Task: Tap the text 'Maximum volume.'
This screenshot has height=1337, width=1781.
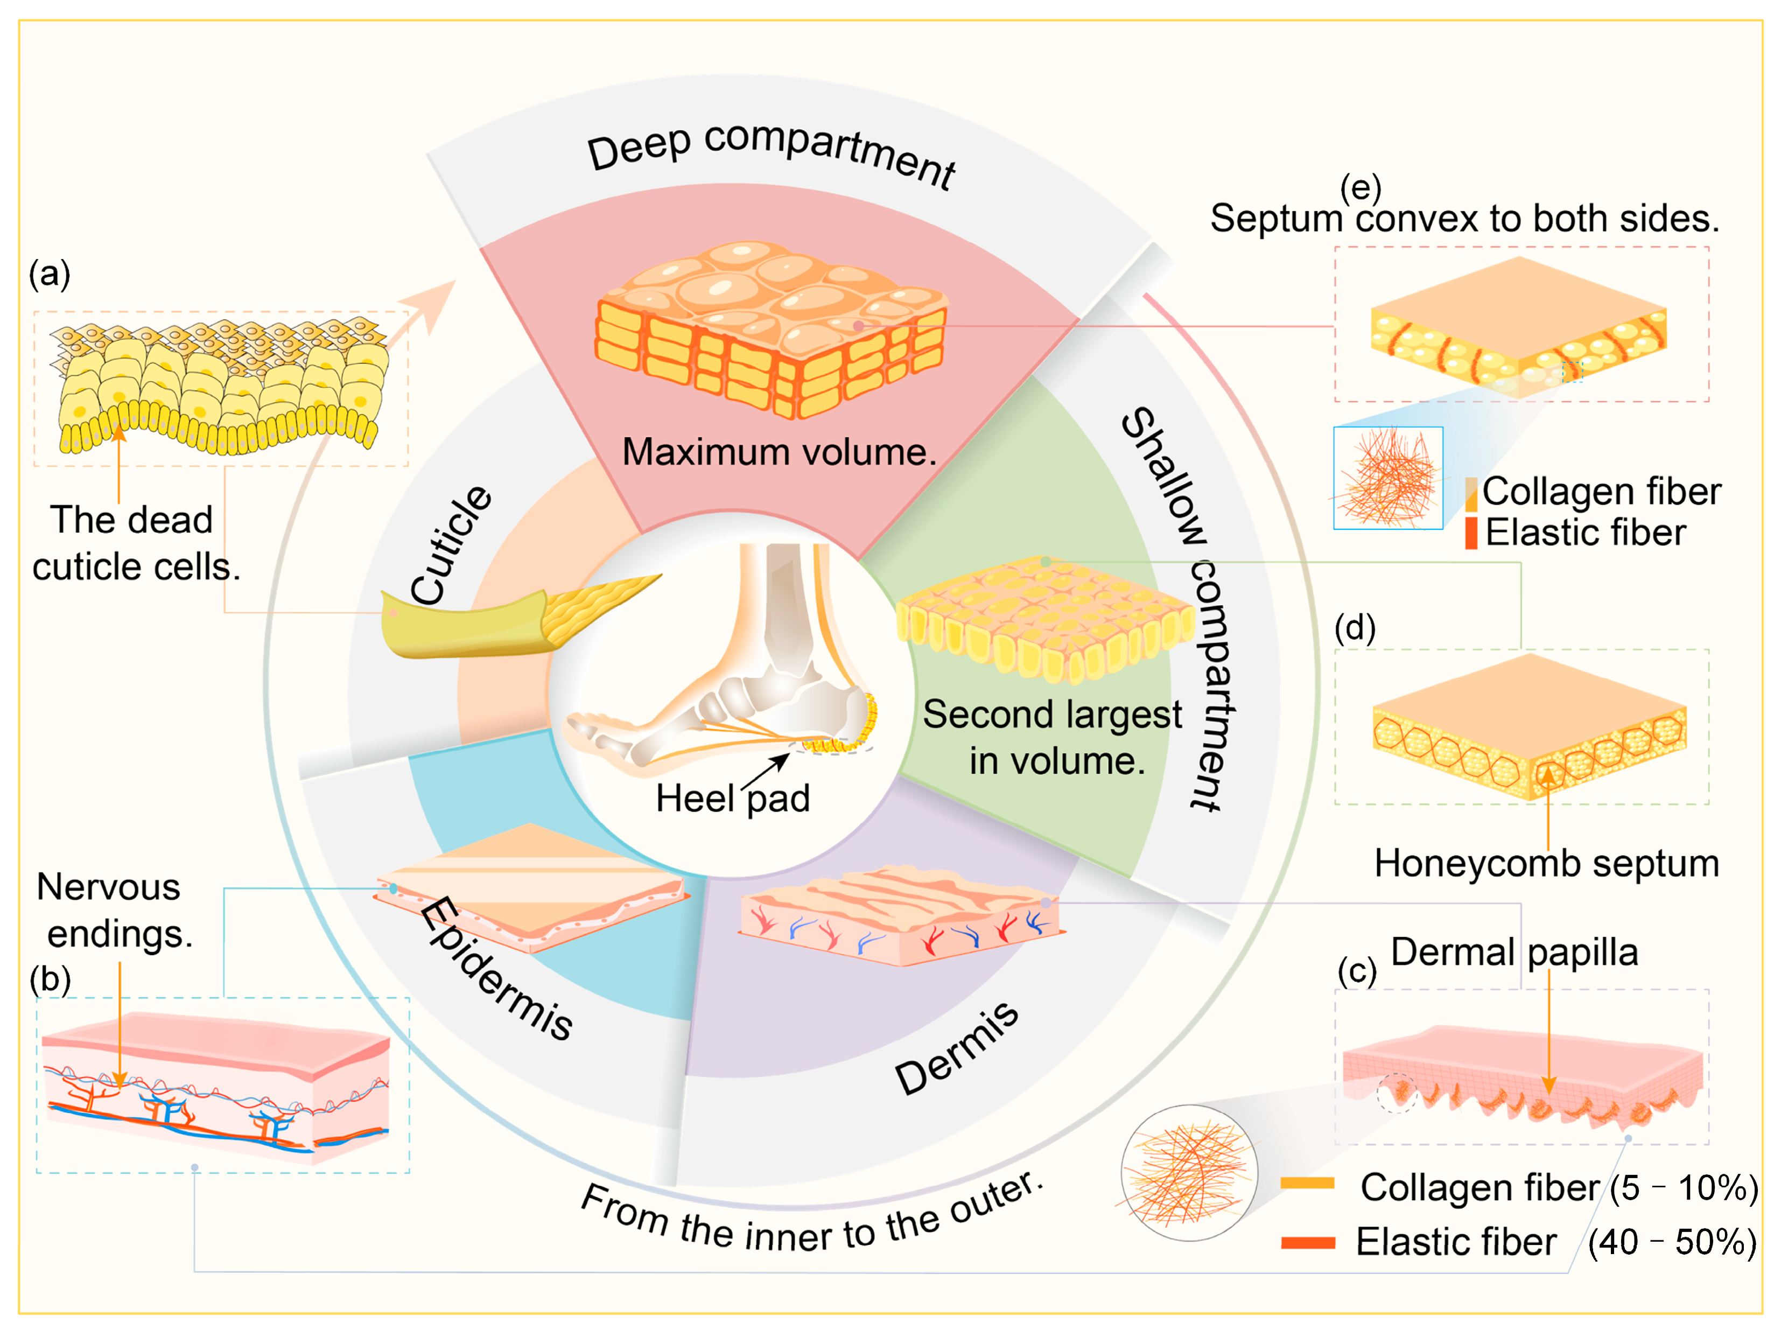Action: [780, 452]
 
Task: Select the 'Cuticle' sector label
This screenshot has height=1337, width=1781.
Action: [451, 545]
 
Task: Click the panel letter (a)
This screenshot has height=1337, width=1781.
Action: [50, 274]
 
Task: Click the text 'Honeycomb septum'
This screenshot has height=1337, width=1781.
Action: [1546, 863]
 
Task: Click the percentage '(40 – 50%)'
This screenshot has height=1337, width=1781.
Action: [1672, 1242]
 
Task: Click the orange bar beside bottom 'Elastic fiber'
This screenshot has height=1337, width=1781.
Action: [1308, 1243]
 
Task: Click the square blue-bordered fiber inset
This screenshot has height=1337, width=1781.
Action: [1388, 478]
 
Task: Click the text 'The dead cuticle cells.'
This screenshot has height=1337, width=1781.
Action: [135, 544]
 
